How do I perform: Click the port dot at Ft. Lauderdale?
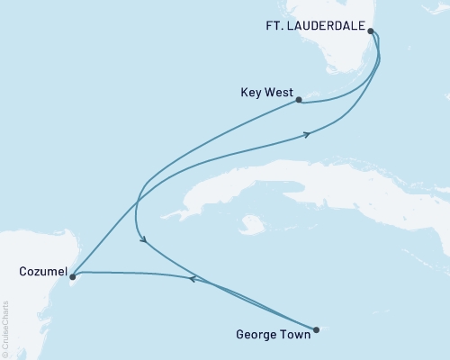pos(371,30)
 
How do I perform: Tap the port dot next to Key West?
pos(299,100)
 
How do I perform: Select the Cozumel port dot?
pos(72,277)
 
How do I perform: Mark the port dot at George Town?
pos(316,329)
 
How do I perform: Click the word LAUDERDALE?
pos(322,28)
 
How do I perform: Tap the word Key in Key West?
pos(253,92)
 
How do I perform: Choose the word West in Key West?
pos(277,92)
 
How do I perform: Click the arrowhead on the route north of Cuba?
pos(308,135)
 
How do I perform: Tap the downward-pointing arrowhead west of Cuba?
pos(141,239)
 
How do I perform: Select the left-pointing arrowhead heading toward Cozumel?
pos(192,279)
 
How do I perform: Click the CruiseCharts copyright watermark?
pos(5,328)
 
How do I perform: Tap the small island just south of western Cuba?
pos(255,220)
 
